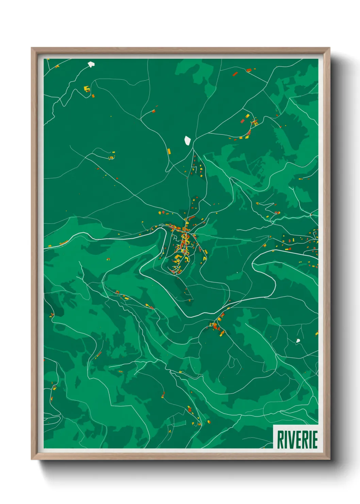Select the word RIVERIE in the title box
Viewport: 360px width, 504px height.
[297, 440]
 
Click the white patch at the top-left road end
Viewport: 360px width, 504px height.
[91, 64]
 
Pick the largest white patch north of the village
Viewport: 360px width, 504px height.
[187, 140]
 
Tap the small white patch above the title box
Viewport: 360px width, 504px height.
[298, 341]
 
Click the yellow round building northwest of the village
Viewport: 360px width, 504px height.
[160, 212]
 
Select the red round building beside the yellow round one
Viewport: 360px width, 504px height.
[163, 212]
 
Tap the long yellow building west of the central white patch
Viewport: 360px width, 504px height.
[169, 151]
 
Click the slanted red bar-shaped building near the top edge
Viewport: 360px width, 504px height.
[235, 73]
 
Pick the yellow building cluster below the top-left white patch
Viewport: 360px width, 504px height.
[87, 89]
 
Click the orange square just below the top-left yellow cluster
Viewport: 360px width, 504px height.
[93, 96]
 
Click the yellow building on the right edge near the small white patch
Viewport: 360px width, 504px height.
[316, 334]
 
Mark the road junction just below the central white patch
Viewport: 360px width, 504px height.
[193, 149]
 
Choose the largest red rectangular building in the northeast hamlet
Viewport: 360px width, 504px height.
[242, 121]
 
